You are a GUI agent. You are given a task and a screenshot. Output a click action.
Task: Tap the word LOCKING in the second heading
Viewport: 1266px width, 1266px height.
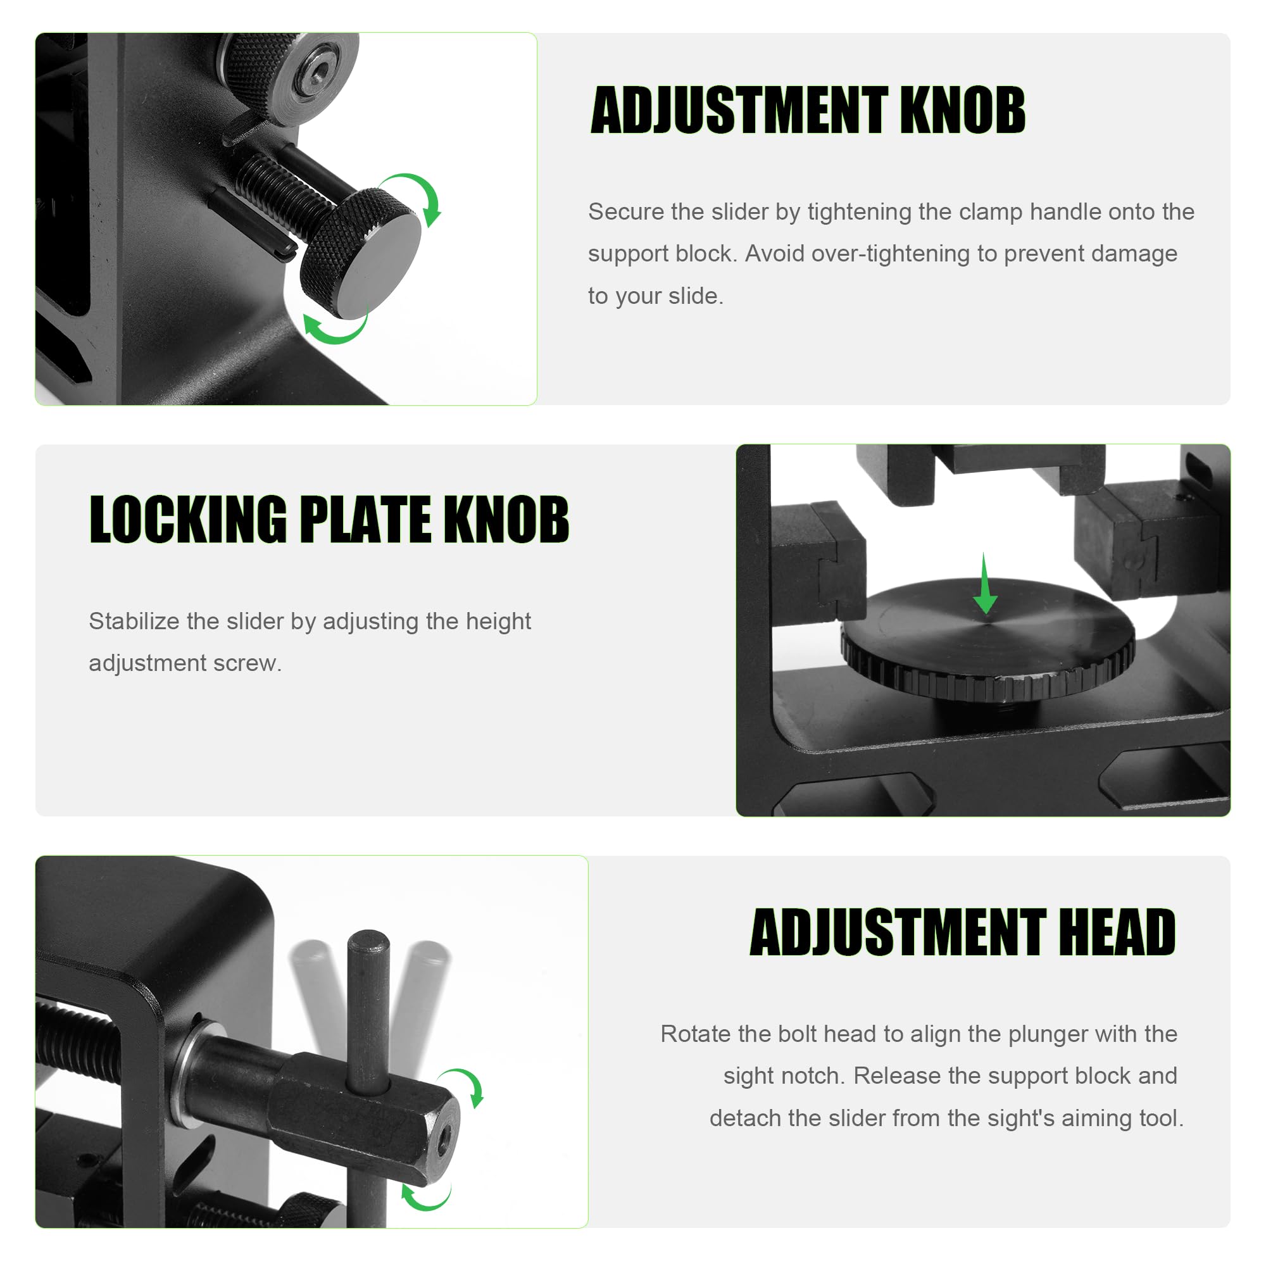click(x=188, y=520)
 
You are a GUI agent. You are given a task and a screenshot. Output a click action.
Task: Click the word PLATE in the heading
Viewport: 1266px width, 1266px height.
click(x=365, y=520)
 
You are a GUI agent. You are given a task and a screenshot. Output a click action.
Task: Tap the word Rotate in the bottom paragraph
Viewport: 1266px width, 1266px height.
click(x=694, y=1034)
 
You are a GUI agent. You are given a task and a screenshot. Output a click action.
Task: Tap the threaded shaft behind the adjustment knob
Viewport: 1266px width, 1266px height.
click(x=282, y=192)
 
